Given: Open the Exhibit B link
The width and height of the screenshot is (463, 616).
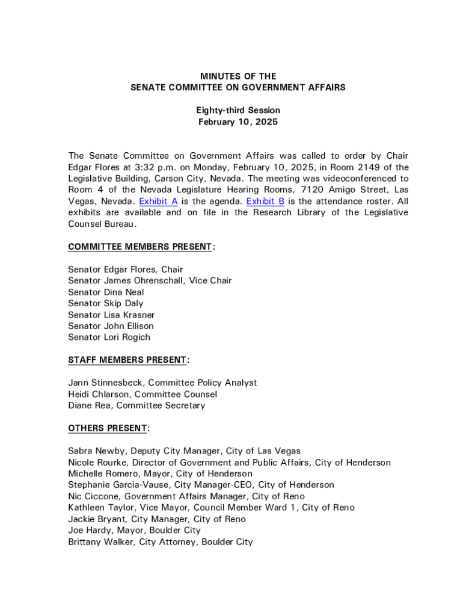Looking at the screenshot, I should (x=265, y=202).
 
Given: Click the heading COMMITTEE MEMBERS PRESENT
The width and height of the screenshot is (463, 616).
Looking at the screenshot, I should (x=140, y=247).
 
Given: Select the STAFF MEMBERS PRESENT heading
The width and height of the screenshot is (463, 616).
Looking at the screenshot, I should (x=127, y=360).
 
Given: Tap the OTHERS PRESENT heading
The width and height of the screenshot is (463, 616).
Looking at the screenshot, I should (x=108, y=428).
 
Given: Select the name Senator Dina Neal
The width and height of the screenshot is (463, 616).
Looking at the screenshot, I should (x=106, y=292).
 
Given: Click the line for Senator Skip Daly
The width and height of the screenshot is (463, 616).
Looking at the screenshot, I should (x=106, y=304).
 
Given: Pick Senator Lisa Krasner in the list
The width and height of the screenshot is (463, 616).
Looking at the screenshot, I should (x=111, y=315).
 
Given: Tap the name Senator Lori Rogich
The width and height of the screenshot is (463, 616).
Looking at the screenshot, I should (x=109, y=337).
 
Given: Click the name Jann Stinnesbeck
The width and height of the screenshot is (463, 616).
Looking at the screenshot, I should (x=106, y=383).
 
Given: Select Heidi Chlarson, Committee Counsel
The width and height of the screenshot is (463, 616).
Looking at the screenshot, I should (x=143, y=395).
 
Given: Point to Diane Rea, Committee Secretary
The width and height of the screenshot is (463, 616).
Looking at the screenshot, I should (x=136, y=406).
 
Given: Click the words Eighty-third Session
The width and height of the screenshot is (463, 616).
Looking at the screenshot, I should (x=238, y=111).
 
